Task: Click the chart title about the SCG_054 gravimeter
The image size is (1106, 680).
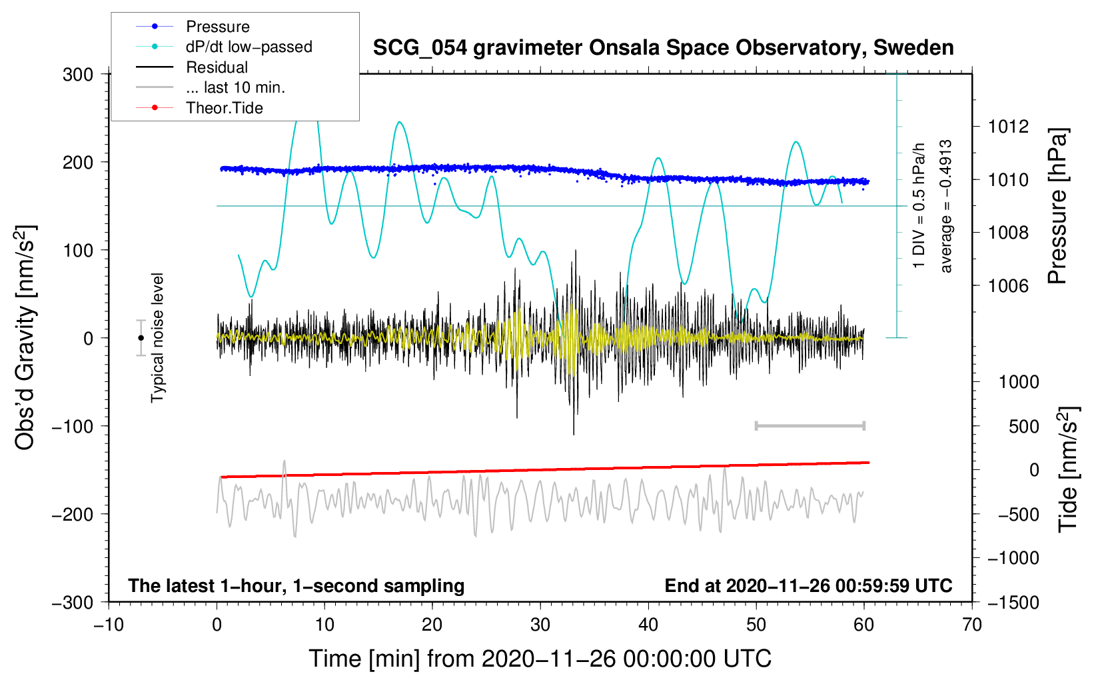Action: tap(663, 48)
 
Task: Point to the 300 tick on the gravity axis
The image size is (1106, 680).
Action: tap(78, 74)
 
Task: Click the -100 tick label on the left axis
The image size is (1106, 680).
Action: tap(73, 426)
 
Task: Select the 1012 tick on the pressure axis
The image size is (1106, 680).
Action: tap(1008, 126)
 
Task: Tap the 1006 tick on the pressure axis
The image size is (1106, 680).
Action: tap(1008, 286)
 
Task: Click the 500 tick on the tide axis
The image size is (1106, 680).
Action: tap(1023, 426)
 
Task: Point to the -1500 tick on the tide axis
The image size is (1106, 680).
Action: tap(1013, 602)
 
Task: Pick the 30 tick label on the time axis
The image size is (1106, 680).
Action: tap(540, 625)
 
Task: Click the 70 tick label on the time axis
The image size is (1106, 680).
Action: tap(972, 625)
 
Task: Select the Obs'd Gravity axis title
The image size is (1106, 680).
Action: tap(25, 338)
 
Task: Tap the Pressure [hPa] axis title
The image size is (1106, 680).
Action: tap(1057, 206)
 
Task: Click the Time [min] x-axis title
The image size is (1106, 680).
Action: tap(540, 659)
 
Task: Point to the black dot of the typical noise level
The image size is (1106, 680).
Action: tap(141, 338)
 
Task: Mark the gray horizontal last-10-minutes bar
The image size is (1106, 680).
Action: tap(810, 425)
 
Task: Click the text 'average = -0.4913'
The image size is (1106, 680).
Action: tap(945, 206)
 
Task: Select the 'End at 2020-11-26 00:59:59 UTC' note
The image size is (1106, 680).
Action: tap(808, 585)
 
